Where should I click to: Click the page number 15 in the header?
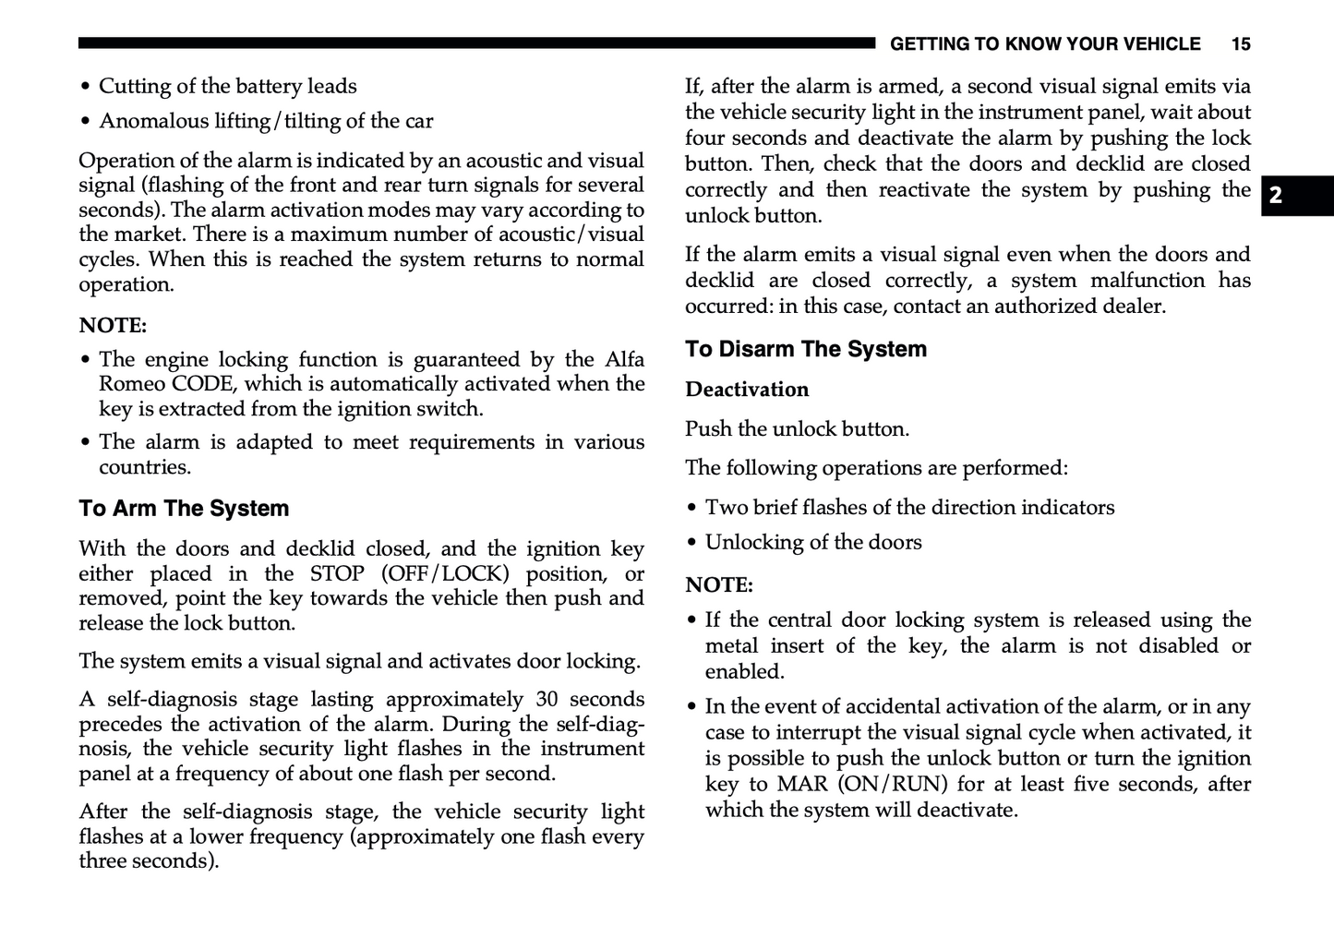(x=1241, y=43)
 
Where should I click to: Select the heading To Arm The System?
(x=184, y=509)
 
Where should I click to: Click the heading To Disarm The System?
(x=805, y=349)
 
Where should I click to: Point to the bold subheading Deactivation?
(x=746, y=390)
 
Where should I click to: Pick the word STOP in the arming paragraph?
(x=337, y=573)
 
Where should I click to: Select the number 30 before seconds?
(x=547, y=699)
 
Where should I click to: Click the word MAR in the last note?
(x=801, y=784)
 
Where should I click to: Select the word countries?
(x=144, y=467)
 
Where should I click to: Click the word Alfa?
(x=624, y=359)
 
